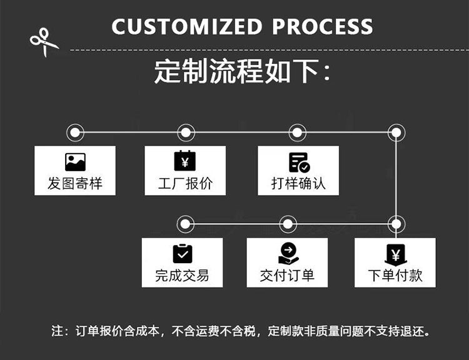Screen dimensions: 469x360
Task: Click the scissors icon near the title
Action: pos(44,42)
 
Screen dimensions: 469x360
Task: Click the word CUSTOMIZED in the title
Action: pos(187,27)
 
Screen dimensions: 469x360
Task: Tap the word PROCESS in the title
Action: pos(323,27)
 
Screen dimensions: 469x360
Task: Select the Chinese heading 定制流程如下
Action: pos(236,71)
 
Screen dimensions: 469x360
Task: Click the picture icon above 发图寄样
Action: pos(76,162)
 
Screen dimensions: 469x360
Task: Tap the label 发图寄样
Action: pos(75,183)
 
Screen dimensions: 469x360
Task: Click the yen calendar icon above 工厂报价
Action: pos(185,161)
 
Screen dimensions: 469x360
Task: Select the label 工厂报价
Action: pos(186,183)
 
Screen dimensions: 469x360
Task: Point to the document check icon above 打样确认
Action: pos(299,162)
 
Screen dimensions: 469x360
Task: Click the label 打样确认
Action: pos(298,183)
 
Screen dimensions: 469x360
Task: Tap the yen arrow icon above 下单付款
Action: pos(395,255)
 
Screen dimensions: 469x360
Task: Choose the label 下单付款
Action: pos(395,276)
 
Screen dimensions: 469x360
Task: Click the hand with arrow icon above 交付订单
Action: pos(288,253)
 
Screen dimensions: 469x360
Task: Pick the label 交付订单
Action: pos(287,276)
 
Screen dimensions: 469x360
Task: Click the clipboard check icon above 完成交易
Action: pos(183,254)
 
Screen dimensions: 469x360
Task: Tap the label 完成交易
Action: pos(182,276)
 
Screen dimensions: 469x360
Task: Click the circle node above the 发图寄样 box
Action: pos(75,132)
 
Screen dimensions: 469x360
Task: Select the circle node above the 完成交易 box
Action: pos(186,224)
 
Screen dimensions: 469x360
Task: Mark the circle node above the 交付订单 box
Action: pos(288,224)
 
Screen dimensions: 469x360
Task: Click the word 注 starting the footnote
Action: pos(57,331)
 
